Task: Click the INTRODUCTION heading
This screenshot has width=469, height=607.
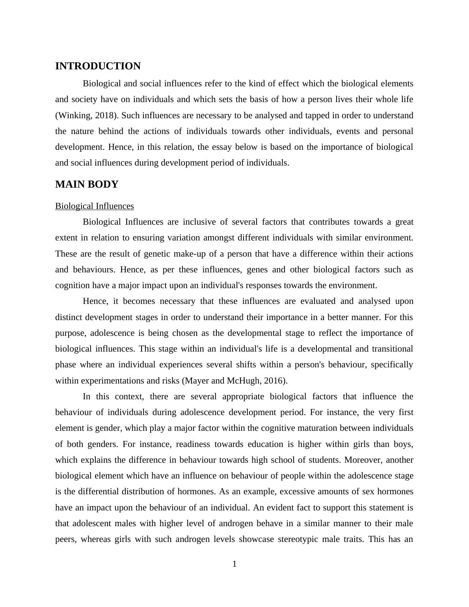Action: click(98, 66)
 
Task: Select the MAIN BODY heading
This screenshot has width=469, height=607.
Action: click(87, 184)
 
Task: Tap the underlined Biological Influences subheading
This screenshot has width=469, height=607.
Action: click(95, 206)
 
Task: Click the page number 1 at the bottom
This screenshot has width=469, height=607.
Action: click(234, 564)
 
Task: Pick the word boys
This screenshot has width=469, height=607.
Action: click(403, 444)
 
